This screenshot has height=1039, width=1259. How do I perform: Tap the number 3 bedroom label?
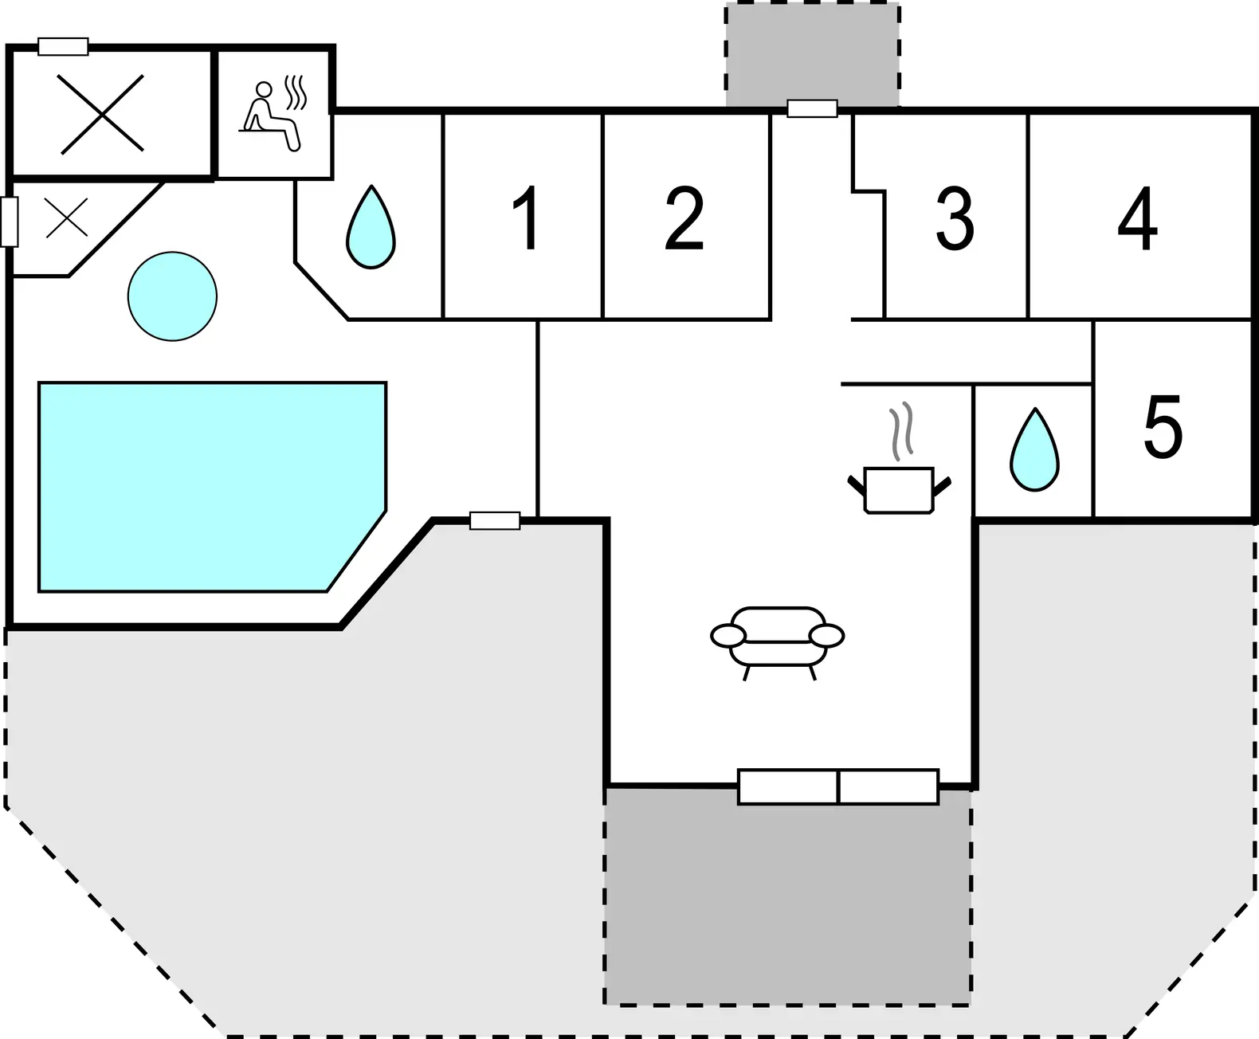tap(955, 218)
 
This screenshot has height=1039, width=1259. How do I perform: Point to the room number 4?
tap(1137, 218)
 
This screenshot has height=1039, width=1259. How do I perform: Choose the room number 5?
tap(1163, 426)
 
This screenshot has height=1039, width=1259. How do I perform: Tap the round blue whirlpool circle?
tap(172, 296)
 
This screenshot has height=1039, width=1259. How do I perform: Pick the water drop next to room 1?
tap(371, 227)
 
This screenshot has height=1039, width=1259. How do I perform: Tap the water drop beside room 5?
tap(1035, 450)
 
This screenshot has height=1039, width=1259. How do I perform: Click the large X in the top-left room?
tap(103, 114)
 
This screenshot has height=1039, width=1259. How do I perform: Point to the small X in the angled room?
tap(66, 217)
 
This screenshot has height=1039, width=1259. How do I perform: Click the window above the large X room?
tap(63, 46)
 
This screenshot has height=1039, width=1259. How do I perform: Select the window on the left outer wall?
tap(9, 222)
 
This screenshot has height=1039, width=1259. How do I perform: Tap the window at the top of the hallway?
tap(812, 108)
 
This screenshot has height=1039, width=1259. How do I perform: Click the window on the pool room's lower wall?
tap(495, 520)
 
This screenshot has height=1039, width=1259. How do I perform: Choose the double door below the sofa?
tap(838, 786)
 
